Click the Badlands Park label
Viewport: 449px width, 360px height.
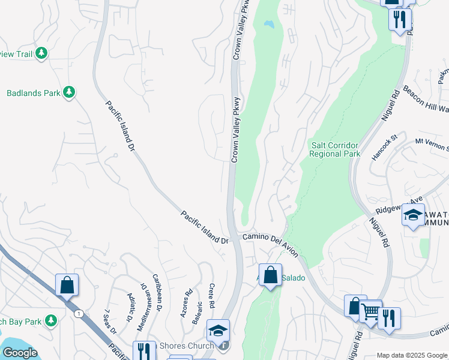[33, 93]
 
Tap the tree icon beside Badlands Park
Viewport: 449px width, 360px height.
[70, 92]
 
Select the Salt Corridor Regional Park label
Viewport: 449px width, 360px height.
[335, 149]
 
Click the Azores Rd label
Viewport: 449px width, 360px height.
[186, 303]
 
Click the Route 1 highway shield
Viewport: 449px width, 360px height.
[78, 313]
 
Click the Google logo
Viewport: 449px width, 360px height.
[20, 353]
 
